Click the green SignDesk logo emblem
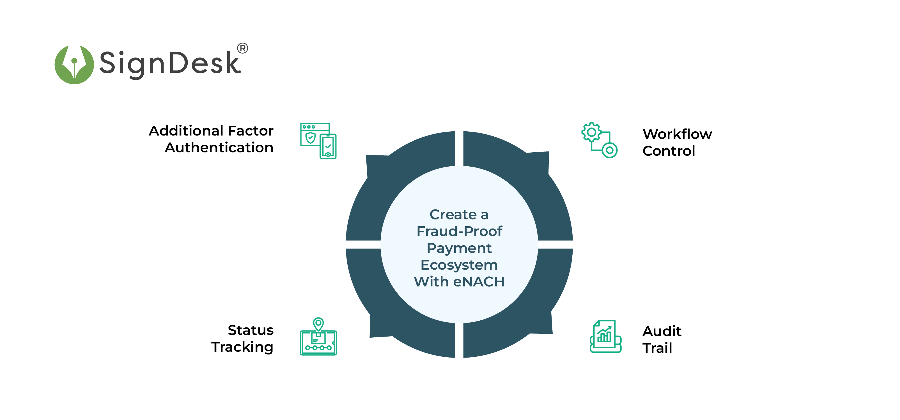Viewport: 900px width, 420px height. pyautogui.click(x=74, y=64)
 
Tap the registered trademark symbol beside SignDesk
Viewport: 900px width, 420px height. pyautogui.click(x=242, y=48)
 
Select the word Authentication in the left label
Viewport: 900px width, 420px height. pyautogui.click(x=219, y=148)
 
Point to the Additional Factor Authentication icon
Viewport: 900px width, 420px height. pyautogui.click(x=318, y=141)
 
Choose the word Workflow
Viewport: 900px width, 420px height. pyautogui.click(x=677, y=134)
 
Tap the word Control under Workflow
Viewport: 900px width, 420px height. pyautogui.click(x=669, y=151)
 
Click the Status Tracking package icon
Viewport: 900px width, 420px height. pyautogui.click(x=318, y=337)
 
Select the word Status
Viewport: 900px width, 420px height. pyautogui.click(x=251, y=330)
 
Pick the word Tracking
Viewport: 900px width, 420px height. pyautogui.click(x=242, y=347)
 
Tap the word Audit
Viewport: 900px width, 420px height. pyautogui.click(x=662, y=331)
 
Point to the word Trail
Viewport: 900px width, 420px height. pyautogui.click(x=657, y=348)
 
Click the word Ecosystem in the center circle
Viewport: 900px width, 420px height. pyautogui.click(x=459, y=265)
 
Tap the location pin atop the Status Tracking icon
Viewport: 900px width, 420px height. pyautogui.click(x=318, y=323)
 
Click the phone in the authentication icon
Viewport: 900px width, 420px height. pyautogui.click(x=328, y=146)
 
